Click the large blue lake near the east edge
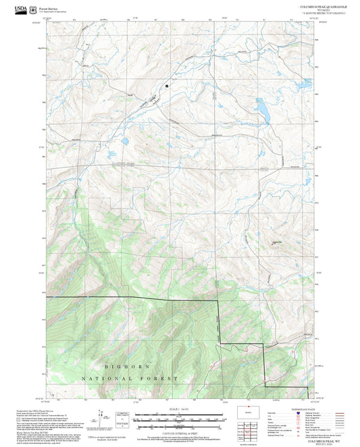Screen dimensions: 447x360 click(262, 109)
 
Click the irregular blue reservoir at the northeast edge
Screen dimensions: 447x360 click(304, 87)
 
